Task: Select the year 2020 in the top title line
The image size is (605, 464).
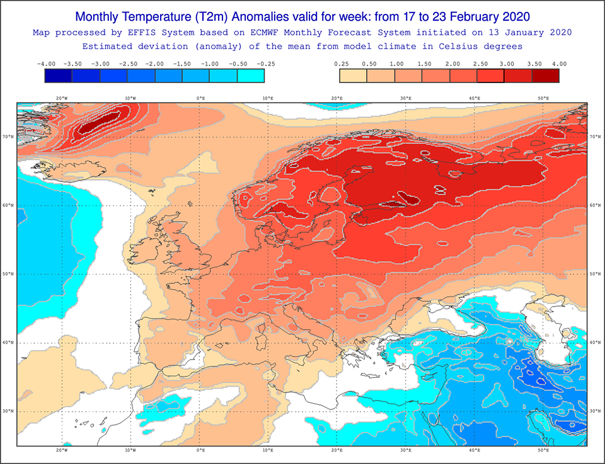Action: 516,17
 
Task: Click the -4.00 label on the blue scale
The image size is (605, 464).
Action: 46,64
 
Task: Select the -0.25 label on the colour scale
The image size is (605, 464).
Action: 265,64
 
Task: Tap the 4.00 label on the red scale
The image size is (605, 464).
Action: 560,64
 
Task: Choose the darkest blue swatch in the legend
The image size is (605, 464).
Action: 58,76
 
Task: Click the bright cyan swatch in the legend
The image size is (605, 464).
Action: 251,76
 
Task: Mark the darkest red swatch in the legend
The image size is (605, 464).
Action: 546,76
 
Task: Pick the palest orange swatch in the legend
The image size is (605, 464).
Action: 353,76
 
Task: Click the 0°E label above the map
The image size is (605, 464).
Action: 200,98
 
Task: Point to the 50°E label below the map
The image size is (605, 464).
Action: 543,450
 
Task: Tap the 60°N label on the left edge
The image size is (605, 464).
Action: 8,205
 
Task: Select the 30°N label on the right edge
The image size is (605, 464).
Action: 595,411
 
